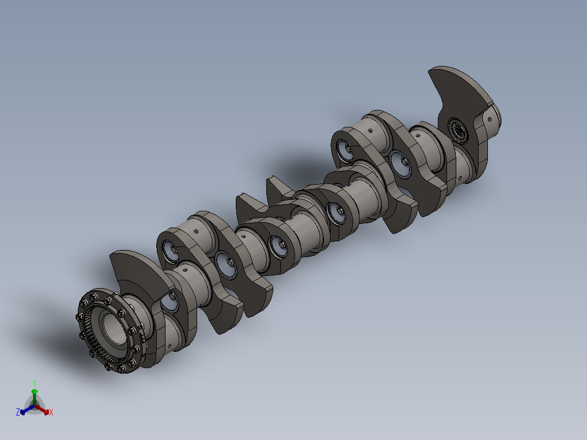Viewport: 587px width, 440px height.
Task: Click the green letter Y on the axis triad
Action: (x=34, y=382)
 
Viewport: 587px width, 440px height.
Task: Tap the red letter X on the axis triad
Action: (x=51, y=413)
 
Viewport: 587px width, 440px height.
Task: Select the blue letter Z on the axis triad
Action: (x=17, y=412)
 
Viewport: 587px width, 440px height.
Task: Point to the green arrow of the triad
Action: (x=34, y=394)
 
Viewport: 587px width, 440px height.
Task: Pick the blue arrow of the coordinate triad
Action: (x=25, y=410)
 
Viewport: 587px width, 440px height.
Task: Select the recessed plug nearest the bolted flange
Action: (x=169, y=302)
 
